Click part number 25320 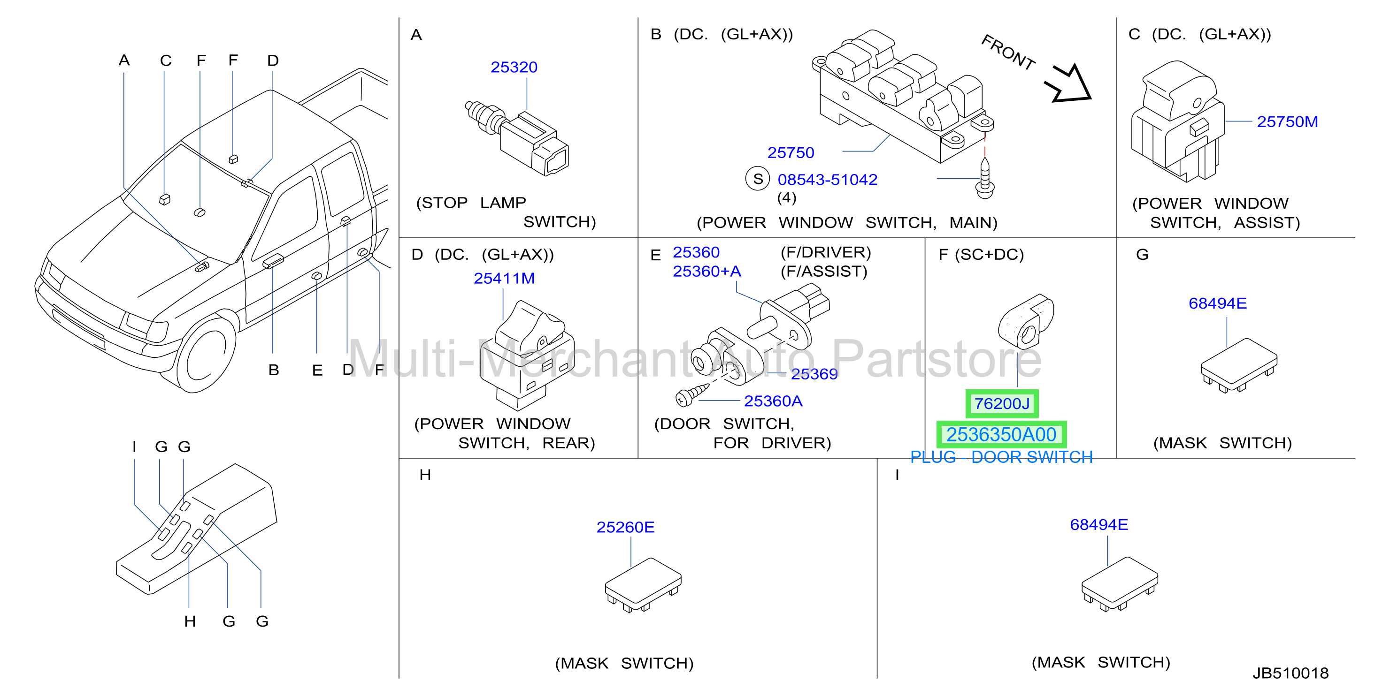[x=514, y=68]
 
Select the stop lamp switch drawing [x=517, y=138]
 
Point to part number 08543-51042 [x=827, y=180]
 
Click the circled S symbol [x=758, y=179]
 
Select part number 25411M [x=504, y=278]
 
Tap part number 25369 [x=814, y=374]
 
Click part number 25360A [x=773, y=401]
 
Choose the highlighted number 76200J [x=1001, y=404]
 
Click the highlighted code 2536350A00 [x=1001, y=434]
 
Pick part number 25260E [x=625, y=527]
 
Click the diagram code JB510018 [x=1291, y=673]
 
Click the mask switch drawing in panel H [x=643, y=585]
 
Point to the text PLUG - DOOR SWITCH [x=1001, y=457]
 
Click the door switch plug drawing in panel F [x=1025, y=321]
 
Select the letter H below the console [x=190, y=621]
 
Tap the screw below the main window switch [x=985, y=178]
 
